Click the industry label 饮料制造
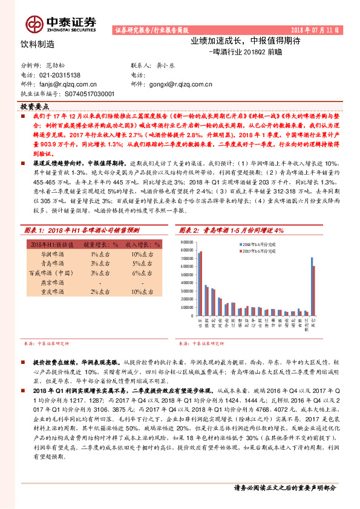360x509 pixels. (x=37, y=44)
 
